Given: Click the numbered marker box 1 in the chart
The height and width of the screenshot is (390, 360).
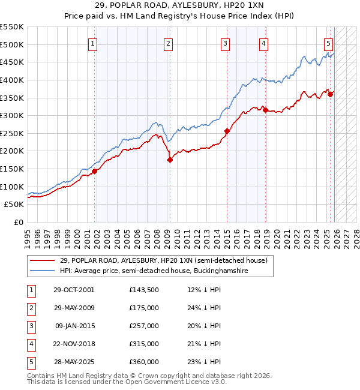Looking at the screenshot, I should tap(94, 43).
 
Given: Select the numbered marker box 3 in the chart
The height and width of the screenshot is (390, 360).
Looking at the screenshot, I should tap(225, 43).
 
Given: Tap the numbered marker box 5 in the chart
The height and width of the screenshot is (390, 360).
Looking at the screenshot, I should tap(329, 43).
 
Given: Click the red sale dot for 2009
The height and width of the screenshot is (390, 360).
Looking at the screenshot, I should tap(170, 160).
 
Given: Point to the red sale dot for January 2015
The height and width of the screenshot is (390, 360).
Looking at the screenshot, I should tap(227, 131).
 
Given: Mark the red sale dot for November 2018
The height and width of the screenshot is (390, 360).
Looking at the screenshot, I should tap(265, 110).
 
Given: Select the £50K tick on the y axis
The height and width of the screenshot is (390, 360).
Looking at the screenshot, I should tap(14, 205).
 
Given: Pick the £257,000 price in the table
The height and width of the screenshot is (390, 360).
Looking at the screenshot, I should tap(144, 326).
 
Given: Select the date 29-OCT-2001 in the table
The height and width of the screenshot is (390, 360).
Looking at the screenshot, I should tap(74, 290).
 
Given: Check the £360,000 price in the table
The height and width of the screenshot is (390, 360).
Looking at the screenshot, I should tap(144, 362).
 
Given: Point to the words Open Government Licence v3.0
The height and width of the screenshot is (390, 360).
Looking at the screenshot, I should tap(179, 382).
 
